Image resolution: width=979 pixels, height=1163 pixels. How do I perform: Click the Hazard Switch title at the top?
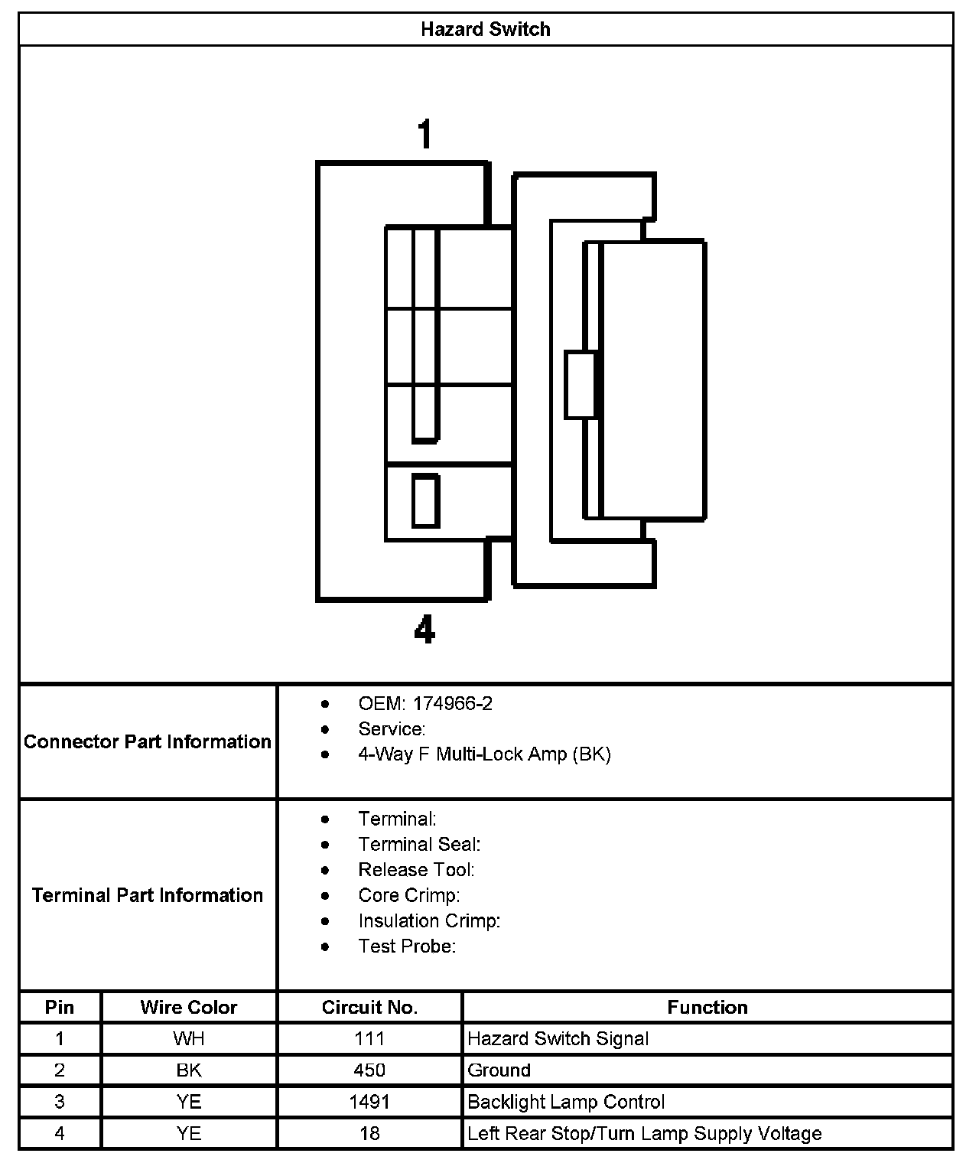(486, 30)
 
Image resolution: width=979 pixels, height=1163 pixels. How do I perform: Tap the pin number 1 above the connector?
(424, 134)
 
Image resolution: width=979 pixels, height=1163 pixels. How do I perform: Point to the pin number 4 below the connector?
(424, 630)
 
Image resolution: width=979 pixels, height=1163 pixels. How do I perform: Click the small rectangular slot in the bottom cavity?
(425, 501)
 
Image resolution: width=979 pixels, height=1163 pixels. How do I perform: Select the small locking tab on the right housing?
(581, 385)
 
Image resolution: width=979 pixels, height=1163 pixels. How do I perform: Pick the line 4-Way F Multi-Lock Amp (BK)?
(484, 754)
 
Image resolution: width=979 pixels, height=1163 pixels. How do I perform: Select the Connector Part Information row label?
(148, 741)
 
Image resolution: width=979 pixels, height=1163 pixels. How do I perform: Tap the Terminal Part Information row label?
(148, 895)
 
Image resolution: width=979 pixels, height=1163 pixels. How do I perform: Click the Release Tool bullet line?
(416, 870)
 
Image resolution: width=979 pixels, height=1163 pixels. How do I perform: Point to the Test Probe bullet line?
(407, 946)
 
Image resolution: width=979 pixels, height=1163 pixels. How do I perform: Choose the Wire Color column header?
(189, 1007)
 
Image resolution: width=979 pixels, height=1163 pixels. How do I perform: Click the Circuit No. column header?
(369, 1007)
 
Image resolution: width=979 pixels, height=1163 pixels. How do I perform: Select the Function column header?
(707, 1007)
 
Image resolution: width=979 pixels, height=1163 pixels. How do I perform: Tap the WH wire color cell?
(189, 1039)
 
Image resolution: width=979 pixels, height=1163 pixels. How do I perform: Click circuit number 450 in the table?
(369, 1070)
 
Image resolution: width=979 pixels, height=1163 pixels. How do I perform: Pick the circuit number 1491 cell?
(369, 1102)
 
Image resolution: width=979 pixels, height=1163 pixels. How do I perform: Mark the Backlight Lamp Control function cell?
(566, 1102)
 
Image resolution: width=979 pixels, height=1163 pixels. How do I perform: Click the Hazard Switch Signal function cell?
(558, 1039)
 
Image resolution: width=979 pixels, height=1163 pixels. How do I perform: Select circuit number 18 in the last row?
(369, 1133)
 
